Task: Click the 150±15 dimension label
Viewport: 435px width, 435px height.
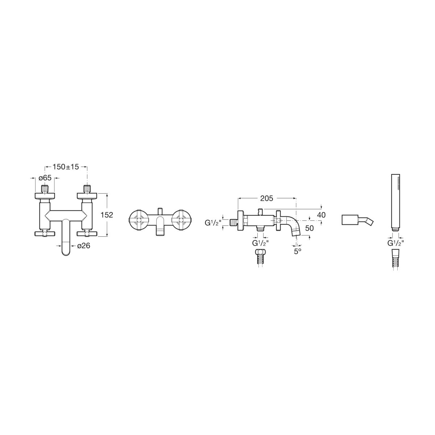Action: (66, 167)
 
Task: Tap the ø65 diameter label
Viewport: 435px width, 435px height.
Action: (45, 178)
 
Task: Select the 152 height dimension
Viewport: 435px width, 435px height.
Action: (107, 215)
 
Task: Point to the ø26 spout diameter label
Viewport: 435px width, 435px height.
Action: (83, 246)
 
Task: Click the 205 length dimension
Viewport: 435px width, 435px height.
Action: (266, 198)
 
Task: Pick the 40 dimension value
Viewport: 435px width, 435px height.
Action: (322, 215)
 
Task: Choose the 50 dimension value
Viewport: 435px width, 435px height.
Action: (309, 228)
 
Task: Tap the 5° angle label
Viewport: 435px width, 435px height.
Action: (298, 252)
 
